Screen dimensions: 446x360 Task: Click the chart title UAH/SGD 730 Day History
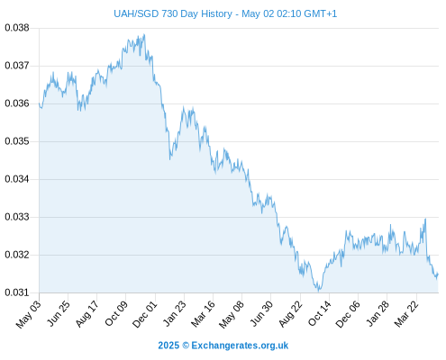pyautogui.click(x=173, y=13)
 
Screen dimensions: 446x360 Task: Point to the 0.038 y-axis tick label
pyautogui.click(x=17, y=28)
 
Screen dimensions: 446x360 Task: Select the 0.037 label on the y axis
pyautogui.click(x=17, y=66)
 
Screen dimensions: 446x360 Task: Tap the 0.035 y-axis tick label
pyautogui.click(x=17, y=141)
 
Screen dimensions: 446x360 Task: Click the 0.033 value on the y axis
pyautogui.click(x=17, y=217)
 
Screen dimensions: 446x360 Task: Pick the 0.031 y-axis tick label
pyautogui.click(x=17, y=292)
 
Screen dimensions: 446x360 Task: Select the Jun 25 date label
pyautogui.click(x=59, y=313)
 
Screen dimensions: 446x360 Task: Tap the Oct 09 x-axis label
pyautogui.click(x=116, y=313)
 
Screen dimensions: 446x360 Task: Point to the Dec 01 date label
pyautogui.click(x=145, y=314)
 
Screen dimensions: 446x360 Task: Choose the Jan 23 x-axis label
pyautogui.click(x=174, y=313)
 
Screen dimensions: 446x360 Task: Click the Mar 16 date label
pyautogui.click(x=203, y=314)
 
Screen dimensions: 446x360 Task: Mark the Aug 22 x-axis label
pyautogui.click(x=290, y=314)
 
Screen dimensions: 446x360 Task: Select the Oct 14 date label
pyautogui.click(x=319, y=313)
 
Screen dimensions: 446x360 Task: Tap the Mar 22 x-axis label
pyautogui.click(x=406, y=314)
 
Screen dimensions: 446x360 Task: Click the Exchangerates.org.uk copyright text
pyautogui.click(x=223, y=346)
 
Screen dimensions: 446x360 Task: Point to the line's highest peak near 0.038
pyautogui.click(x=144, y=34)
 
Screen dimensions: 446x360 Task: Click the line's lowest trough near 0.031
pyautogui.click(x=319, y=291)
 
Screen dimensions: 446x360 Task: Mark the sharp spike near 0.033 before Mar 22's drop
pyautogui.click(x=425, y=219)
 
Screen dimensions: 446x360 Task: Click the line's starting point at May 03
pyautogui.click(x=39, y=103)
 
